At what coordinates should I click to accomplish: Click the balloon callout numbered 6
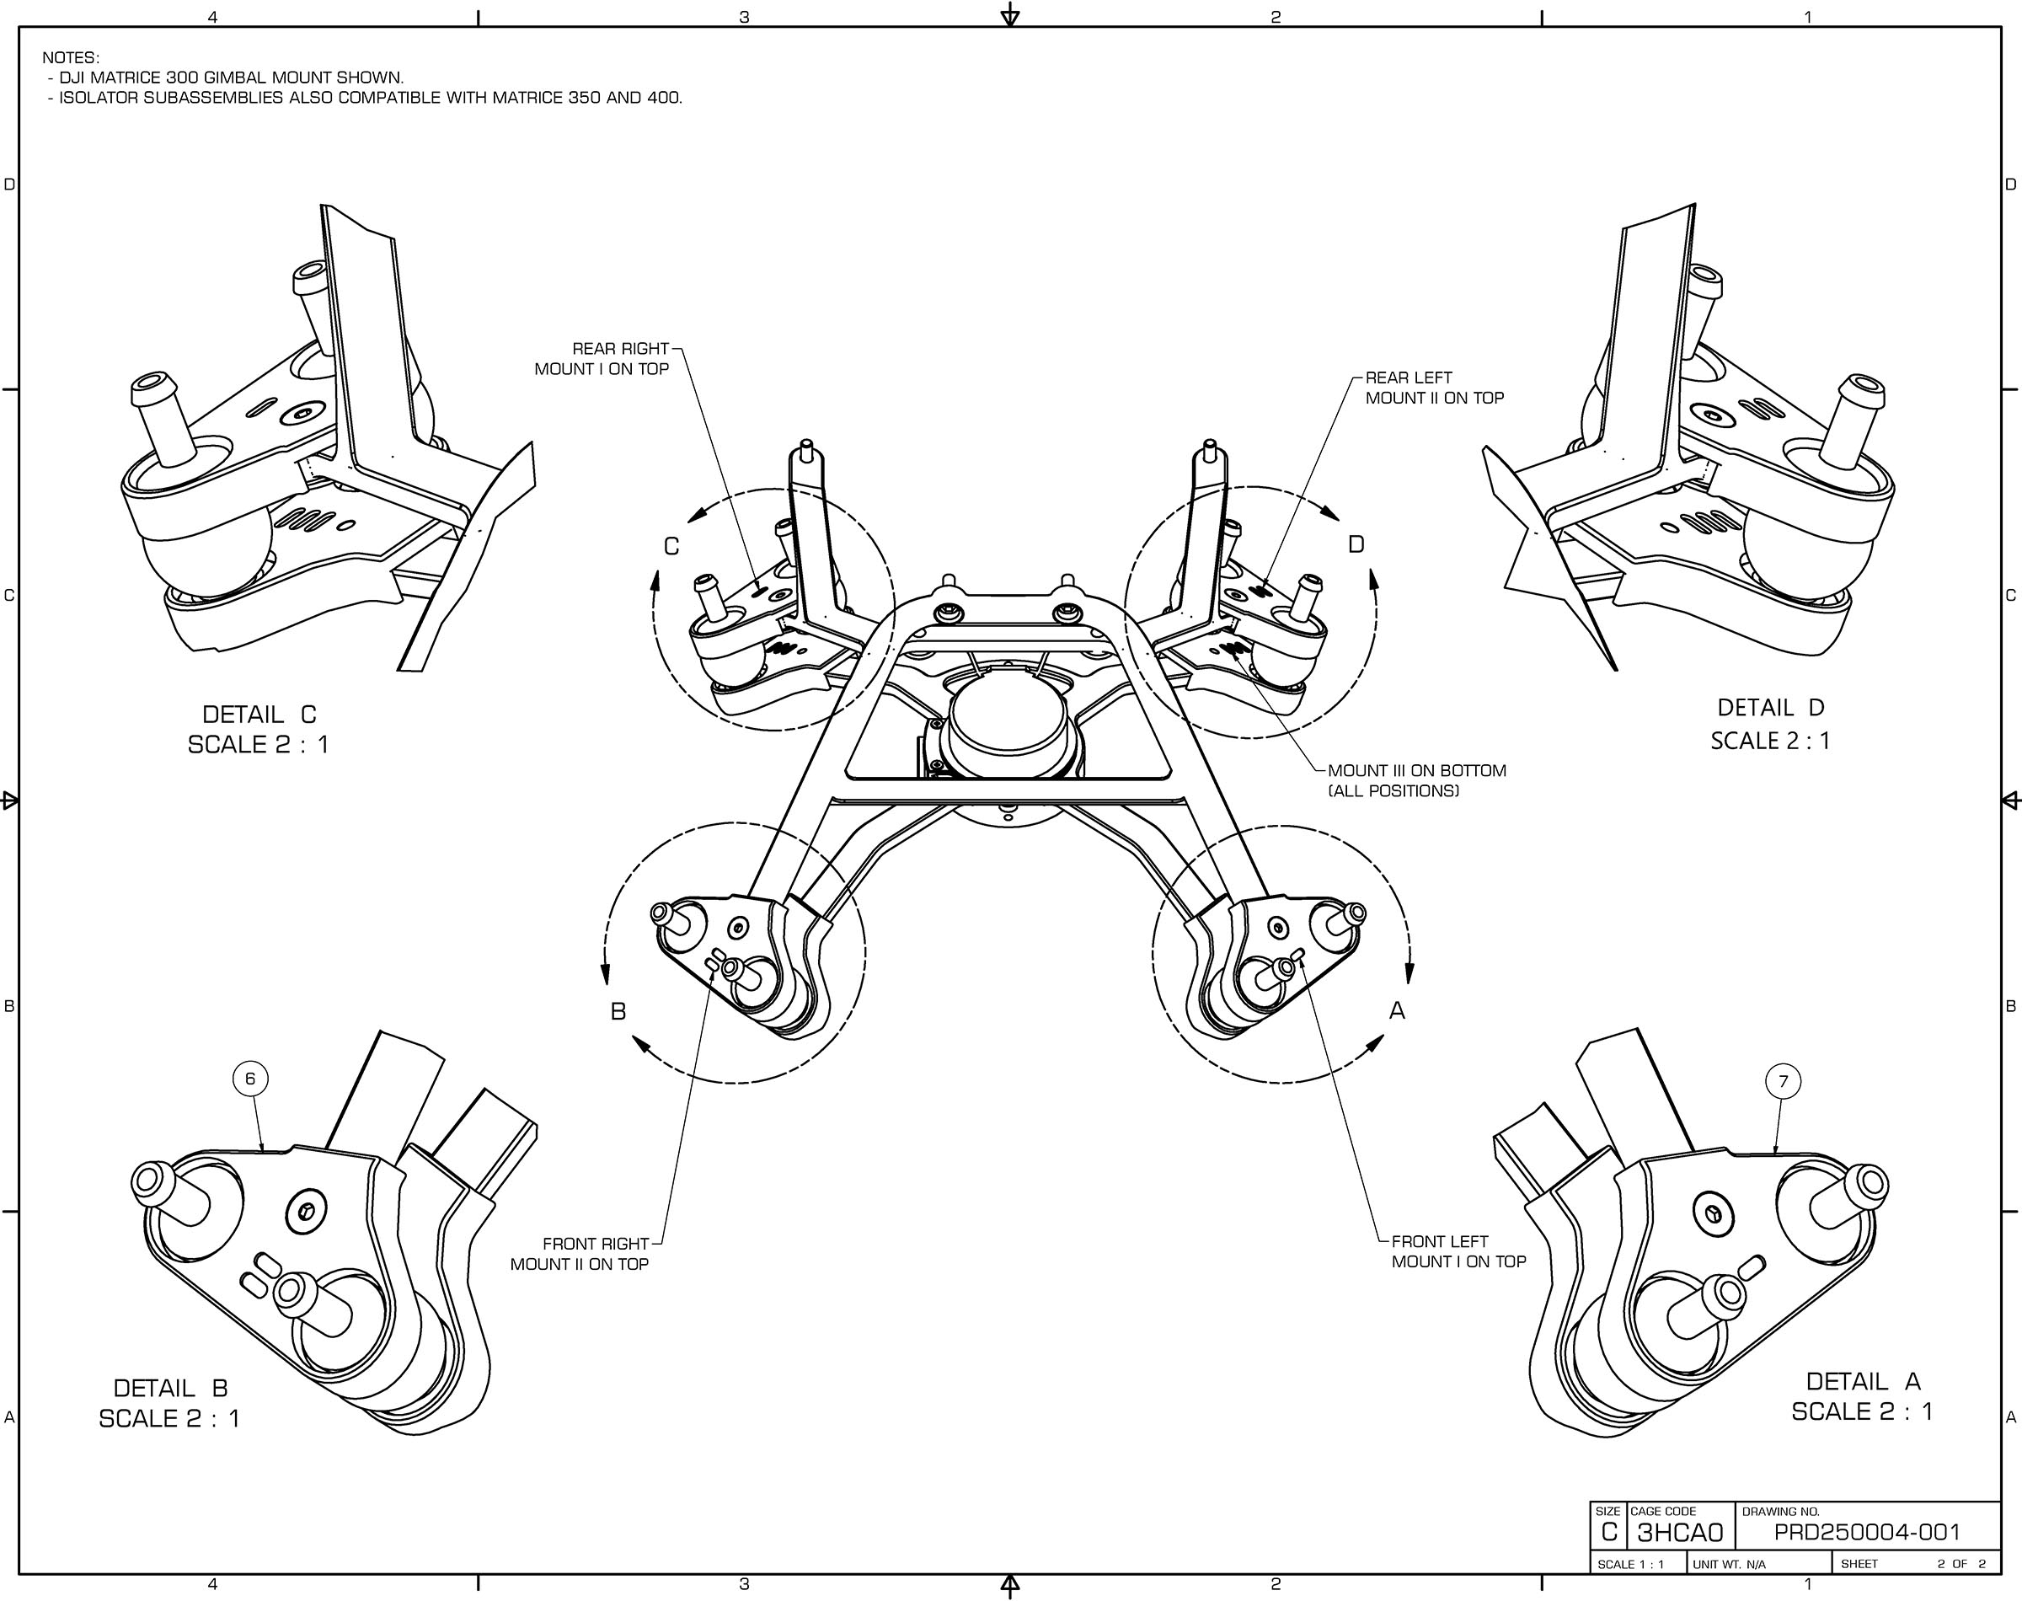tap(250, 1079)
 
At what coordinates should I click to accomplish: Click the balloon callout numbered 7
tap(1783, 1082)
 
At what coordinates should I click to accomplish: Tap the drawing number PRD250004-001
tap(1866, 1533)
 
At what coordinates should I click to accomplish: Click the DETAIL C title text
tap(259, 715)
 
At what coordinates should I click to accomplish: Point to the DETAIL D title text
tap(1770, 708)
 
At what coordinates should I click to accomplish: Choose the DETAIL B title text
tap(169, 1388)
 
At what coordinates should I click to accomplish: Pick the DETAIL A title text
tap(1863, 1382)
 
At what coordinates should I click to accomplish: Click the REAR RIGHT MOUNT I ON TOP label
tap(602, 359)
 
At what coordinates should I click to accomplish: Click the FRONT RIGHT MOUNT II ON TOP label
tap(580, 1253)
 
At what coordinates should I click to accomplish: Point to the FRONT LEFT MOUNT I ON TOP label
tap(1458, 1251)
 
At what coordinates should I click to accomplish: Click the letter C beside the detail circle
tap(671, 547)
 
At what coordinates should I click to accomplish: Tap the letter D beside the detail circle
tap(1356, 544)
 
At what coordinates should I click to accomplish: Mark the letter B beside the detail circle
tap(618, 1012)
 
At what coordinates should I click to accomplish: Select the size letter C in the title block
tap(1609, 1533)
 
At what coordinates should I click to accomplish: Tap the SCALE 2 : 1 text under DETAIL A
tap(1862, 1411)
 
